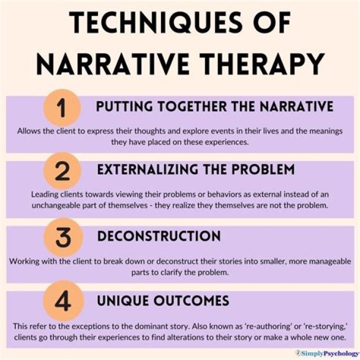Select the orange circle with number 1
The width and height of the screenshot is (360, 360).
pyautogui.click(x=62, y=107)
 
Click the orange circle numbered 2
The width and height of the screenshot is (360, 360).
pyautogui.click(x=62, y=171)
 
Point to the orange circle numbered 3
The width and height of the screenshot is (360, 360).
pyautogui.click(x=63, y=237)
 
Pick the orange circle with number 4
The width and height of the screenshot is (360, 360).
pyautogui.click(x=63, y=301)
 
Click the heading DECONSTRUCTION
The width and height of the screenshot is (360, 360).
pyautogui.click(x=159, y=236)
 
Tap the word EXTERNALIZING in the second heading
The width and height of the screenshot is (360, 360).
pyautogui.click(x=147, y=169)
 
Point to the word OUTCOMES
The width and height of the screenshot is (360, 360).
pyautogui.click(x=191, y=300)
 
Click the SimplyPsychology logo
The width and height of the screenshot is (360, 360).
pyautogui.click(x=327, y=353)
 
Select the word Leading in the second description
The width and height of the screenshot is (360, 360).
pyautogui.click(x=44, y=194)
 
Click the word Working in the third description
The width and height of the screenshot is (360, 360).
pyautogui.click(x=24, y=261)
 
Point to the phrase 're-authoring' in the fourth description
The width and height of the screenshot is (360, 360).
pyautogui.click(x=268, y=326)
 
